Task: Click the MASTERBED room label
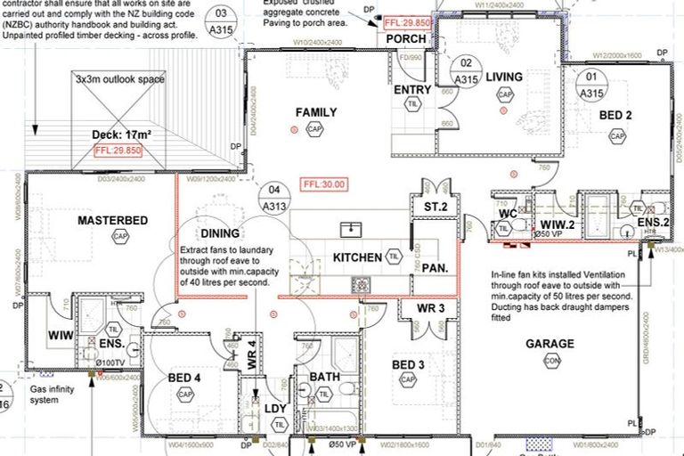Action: [x=111, y=220]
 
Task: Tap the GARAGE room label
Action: [x=550, y=344]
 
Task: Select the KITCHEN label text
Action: [x=357, y=257]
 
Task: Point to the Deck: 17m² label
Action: [x=122, y=135]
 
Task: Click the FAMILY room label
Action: [x=316, y=112]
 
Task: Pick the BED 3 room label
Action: [x=409, y=364]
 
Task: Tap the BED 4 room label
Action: [x=185, y=379]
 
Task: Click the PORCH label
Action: [x=405, y=38]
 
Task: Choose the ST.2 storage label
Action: [x=422, y=208]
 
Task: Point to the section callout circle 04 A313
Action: [x=273, y=199]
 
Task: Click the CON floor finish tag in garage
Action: [x=552, y=362]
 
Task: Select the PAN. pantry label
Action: [x=434, y=267]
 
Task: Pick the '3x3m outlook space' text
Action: [x=119, y=79]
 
